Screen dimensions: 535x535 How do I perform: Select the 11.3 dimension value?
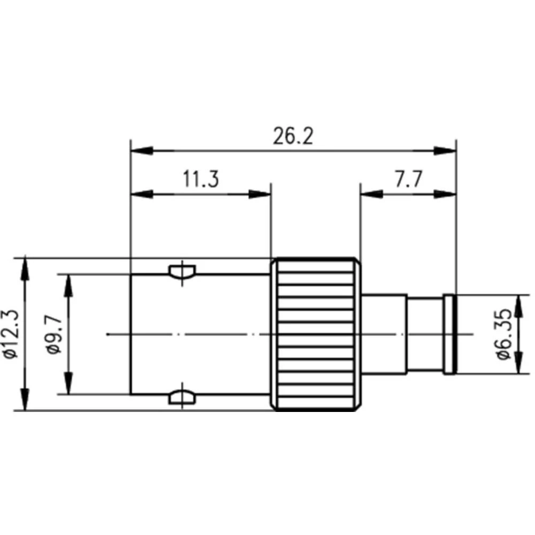200,179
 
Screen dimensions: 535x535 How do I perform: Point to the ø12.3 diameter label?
11,334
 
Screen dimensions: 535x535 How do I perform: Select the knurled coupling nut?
315,334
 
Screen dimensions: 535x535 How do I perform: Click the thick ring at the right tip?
450,334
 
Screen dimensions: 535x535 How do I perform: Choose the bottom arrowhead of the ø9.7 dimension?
68,384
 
